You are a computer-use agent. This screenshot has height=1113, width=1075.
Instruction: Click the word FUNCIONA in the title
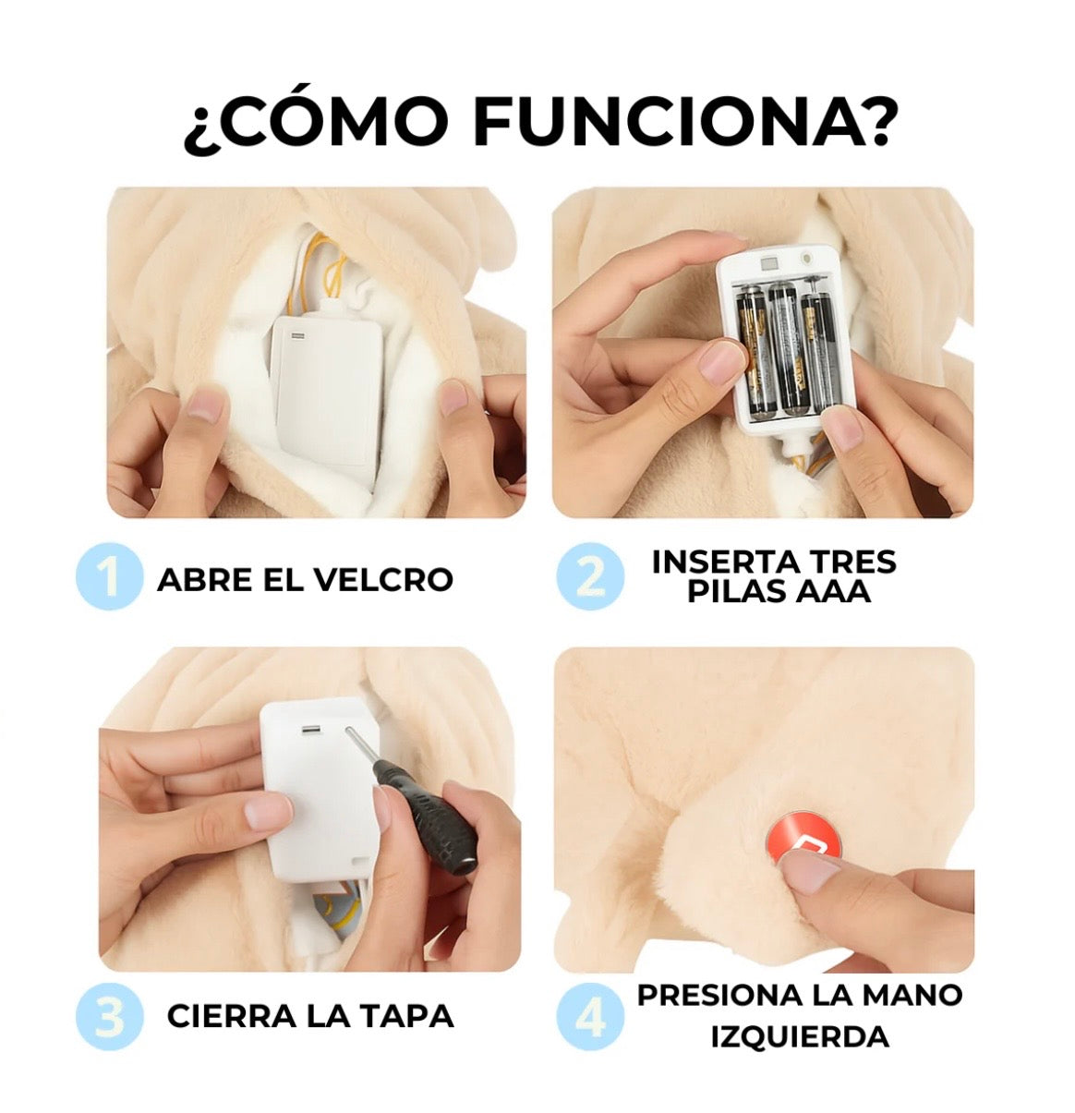point(682,123)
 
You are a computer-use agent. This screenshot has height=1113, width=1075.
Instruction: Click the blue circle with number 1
point(109,576)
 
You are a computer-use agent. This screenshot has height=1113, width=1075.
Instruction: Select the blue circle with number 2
point(589,576)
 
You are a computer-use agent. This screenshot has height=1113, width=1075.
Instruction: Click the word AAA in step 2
point(831,591)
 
